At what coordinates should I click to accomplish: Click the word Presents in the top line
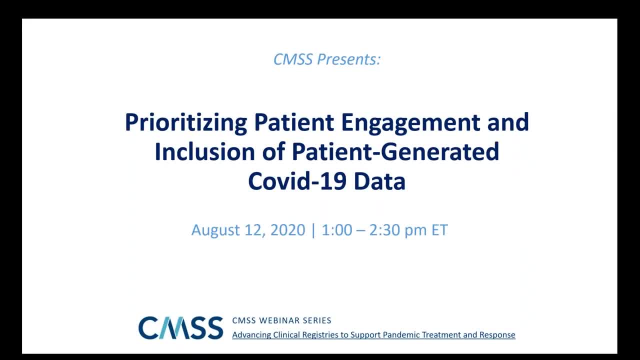(x=349, y=59)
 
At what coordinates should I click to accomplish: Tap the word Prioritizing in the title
(x=186, y=123)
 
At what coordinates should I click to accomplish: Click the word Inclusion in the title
(x=205, y=151)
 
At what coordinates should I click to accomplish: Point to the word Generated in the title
(x=440, y=151)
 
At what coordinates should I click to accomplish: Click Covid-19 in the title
(x=297, y=181)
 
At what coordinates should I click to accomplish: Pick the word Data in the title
(x=379, y=181)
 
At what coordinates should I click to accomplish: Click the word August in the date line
(x=215, y=230)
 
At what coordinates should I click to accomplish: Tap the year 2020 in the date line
(x=287, y=229)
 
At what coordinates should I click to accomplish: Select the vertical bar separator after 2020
(x=313, y=230)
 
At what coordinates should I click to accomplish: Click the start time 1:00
(x=337, y=229)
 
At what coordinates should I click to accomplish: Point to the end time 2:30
(x=384, y=229)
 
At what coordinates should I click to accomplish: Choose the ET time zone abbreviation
(x=439, y=229)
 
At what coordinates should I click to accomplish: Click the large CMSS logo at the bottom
(x=181, y=327)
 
